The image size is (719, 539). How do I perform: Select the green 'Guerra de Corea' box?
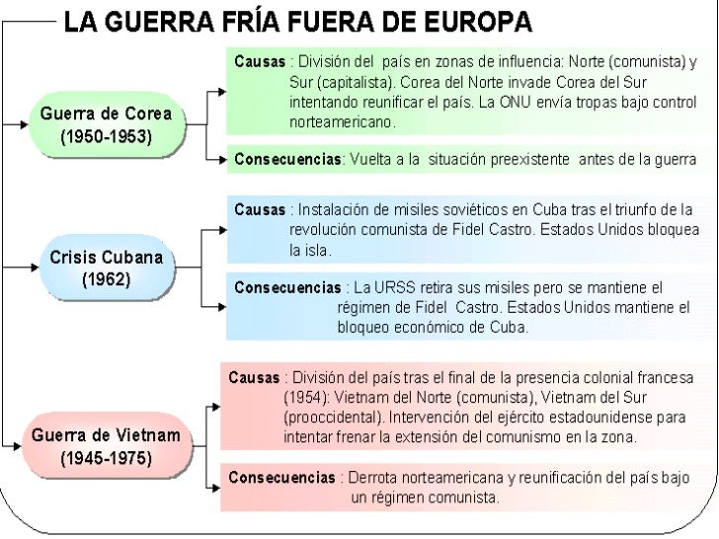coord(107,125)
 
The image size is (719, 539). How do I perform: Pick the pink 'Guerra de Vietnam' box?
coord(106,446)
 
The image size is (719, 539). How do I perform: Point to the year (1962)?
coord(106,279)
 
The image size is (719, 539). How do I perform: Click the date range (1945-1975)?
coord(106,459)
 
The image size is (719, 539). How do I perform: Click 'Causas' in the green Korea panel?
coord(259,61)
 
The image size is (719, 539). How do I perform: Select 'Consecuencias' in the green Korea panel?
coord(286,160)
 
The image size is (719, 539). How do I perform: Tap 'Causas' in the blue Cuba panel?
coord(259,210)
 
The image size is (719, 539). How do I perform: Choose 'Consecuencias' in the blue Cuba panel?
coord(285,288)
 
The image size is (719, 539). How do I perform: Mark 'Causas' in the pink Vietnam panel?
coord(254,378)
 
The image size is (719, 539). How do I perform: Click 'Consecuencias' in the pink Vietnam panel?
coord(281,478)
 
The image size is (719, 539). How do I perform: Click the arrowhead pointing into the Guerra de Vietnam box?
coord(21,447)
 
